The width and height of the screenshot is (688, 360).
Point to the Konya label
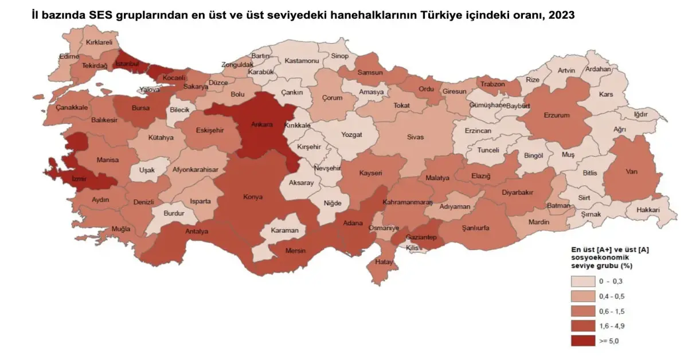tap(253, 197)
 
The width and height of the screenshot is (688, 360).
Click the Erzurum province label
tap(557, 115)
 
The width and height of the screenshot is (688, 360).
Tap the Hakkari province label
tap(647, 210)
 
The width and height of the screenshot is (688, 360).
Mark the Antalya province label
tap(197, 232)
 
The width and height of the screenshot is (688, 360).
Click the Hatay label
tap(383, 261)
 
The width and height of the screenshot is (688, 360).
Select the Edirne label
tap(69, 56)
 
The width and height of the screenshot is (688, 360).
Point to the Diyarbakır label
tap(518, 193)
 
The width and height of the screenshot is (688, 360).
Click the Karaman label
tap(285, 230)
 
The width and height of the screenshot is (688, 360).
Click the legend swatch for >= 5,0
tap(583, 341)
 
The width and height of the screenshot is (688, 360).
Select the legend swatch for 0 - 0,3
tap(583, 281)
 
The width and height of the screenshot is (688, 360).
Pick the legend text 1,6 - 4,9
tap(612, 326)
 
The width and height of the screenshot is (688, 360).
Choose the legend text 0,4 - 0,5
tap(612, 296)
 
